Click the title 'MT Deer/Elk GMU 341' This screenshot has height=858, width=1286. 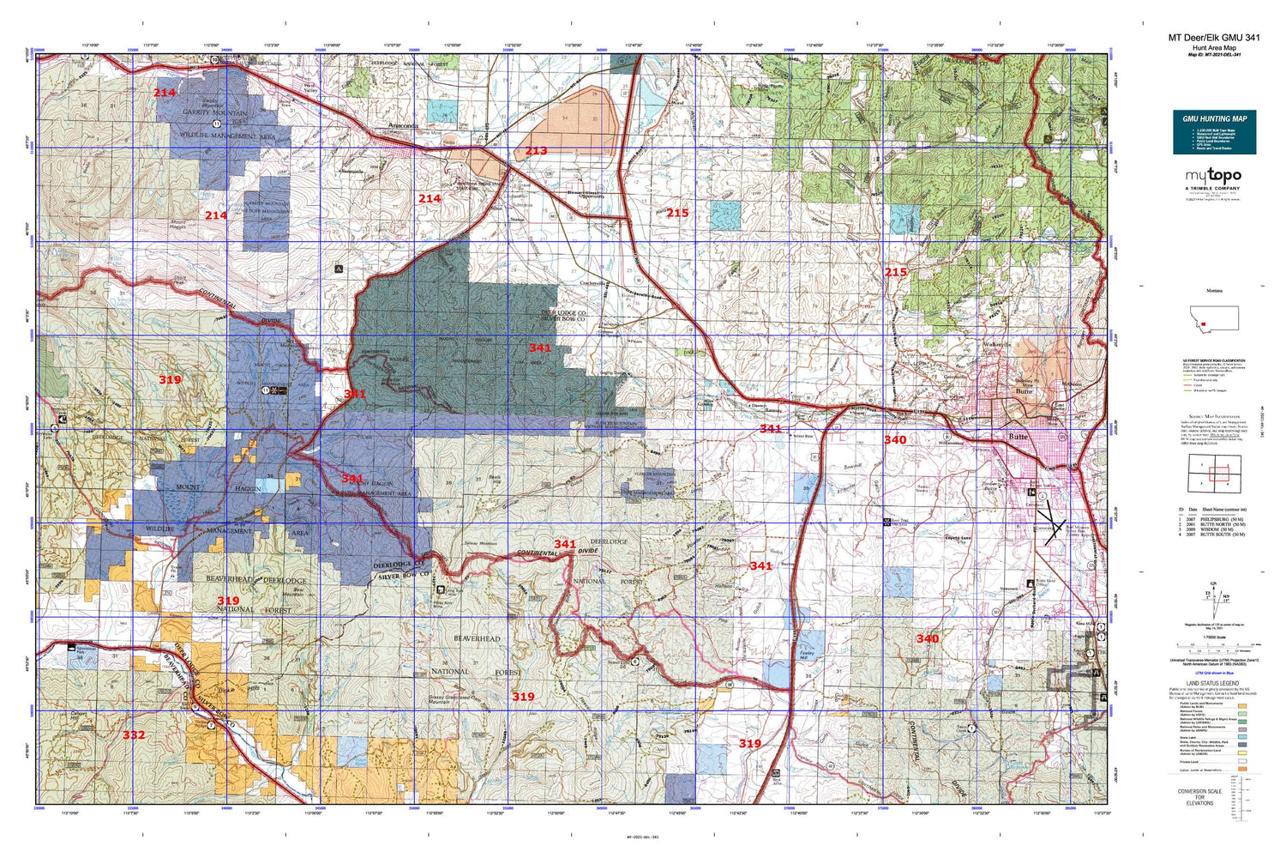pos(1214,38)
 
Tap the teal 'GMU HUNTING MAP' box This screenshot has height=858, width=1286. pos(1214,132)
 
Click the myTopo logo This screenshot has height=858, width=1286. pos(1214,177)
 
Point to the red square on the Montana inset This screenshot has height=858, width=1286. pos(1205,327)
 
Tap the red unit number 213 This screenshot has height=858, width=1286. pos(536,151)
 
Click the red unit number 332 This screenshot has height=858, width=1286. pos(134,735)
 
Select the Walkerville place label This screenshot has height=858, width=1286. pos(997,345)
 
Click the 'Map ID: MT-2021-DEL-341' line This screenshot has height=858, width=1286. pos(1214,55)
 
